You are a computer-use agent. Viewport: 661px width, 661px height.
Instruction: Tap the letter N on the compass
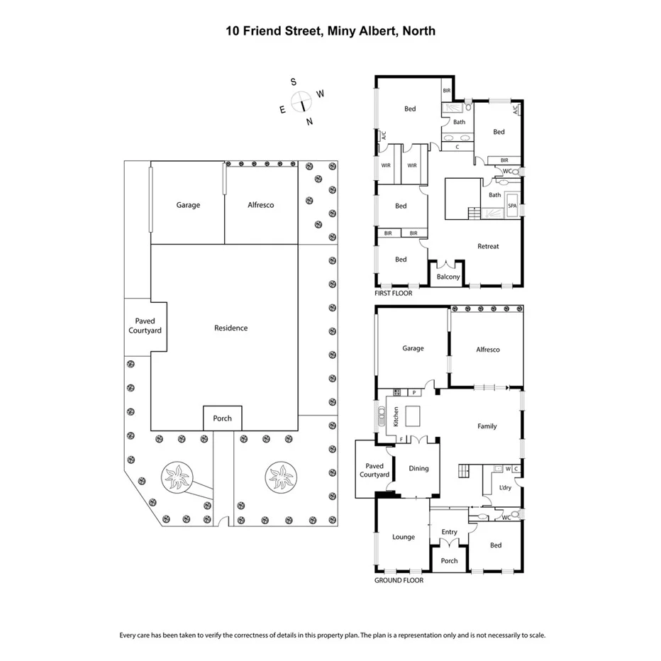pos(309,121)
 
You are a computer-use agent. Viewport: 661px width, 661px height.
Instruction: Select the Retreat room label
pos(488,246)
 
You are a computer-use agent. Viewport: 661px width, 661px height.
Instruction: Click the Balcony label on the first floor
pos(448,277)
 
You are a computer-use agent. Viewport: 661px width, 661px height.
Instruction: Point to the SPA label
pos(512,206)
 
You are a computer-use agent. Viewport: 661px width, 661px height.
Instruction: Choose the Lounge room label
pos(404,537)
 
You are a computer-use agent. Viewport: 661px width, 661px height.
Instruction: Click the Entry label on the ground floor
pos(449,532)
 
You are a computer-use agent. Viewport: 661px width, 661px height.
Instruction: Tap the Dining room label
pos(418,468)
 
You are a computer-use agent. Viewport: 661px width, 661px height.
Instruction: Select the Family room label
pos(487,426)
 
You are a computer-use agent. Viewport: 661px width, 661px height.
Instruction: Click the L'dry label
pos(504,487)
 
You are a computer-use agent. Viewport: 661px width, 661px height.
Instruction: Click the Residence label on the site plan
pos(231,328)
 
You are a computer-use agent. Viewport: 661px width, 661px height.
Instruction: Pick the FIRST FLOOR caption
pos(393,292)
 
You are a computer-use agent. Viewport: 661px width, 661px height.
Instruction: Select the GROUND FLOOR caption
pos(399,580)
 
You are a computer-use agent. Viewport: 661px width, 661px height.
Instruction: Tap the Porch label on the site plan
pos(222,418)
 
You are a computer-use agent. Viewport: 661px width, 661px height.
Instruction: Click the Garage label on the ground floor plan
pos(413,348)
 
